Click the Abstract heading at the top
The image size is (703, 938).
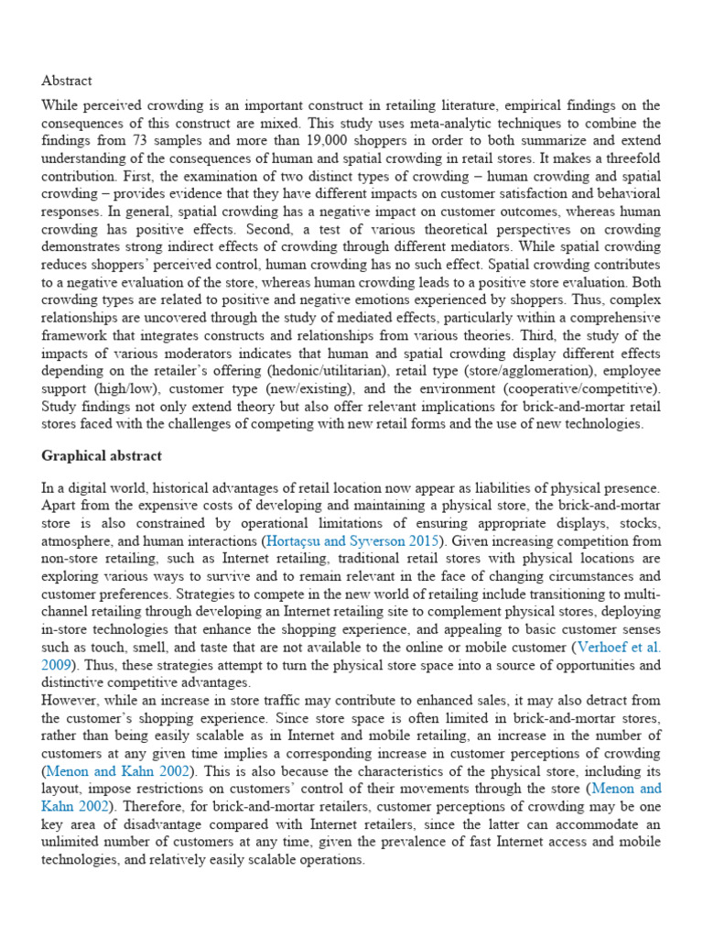67,81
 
